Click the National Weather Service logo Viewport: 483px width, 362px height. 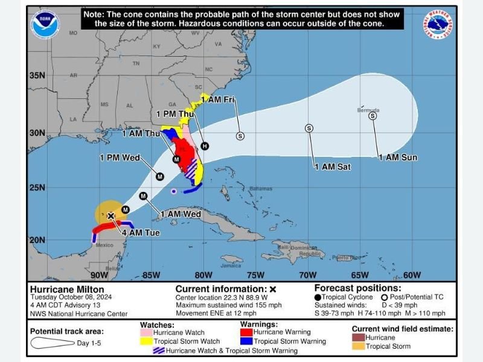tap(438, 26)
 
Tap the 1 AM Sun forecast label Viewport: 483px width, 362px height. tap(397, 157)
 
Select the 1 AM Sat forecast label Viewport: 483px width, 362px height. tap(332, 167)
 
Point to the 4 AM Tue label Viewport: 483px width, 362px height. tap(141, 232)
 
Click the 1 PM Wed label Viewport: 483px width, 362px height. tap(120, 158)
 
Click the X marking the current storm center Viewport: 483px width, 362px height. tap(111, 215)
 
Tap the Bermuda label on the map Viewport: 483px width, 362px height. tap(368, 110)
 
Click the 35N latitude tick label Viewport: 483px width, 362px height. tap(37, 75)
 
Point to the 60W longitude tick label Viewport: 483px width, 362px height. tap(412, 275)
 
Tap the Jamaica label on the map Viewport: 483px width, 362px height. tap(231, 265)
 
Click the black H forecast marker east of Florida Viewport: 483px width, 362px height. tap(205, 146)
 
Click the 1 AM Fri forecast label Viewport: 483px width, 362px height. tap(217, 99)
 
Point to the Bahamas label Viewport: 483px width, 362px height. tap(261, 189)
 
